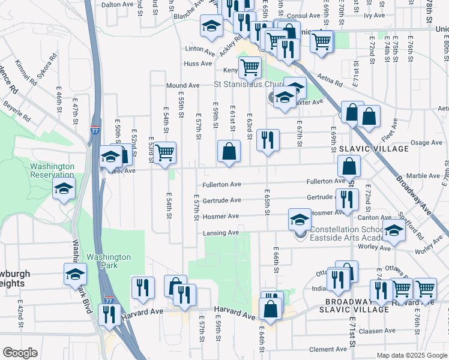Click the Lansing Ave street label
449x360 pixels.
(x=224, y=232)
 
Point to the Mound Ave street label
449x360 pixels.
(x=182, y=86)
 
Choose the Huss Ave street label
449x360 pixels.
(x=198, y=63)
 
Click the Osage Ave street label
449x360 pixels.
(x=426, y=143)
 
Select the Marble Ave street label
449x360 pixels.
(x=427, y=176)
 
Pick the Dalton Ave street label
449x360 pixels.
(x=116, y=4)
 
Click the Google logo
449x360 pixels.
(x=20, y=353)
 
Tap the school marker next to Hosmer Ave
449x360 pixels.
(x=300, y=219)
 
